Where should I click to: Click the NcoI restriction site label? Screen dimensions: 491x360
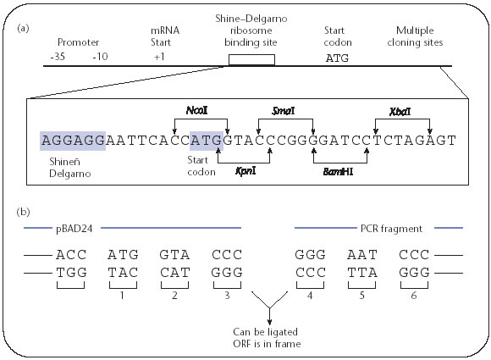197,110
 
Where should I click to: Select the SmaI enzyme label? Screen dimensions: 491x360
284,111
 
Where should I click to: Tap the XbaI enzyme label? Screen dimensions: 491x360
400,112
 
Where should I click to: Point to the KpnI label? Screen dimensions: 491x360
245,171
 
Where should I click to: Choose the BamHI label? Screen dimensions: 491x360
338,172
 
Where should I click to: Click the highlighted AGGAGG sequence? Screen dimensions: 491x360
73,141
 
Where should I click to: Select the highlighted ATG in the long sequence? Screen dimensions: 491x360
207,141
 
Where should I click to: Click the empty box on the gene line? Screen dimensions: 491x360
251,60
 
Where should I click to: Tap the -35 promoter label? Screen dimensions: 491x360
58,57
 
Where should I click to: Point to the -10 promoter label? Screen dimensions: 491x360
100,57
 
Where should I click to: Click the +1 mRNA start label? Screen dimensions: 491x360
159,57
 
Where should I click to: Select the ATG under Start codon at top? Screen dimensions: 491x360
337,58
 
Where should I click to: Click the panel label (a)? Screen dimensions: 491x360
23,29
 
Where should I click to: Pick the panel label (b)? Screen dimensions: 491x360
23,212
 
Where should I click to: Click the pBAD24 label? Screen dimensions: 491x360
74,229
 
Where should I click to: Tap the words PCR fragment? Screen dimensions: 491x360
391,229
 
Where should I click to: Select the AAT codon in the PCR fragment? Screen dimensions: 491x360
362,255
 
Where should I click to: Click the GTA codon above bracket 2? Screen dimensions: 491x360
174,255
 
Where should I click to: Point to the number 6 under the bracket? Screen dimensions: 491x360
414,296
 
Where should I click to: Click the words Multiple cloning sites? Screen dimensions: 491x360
415,36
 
